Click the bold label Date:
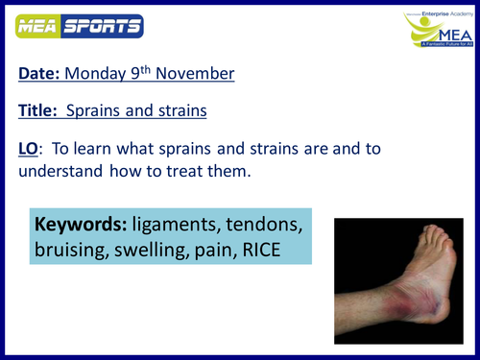(x=41, y=74)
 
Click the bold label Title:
(x=41, y=110)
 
